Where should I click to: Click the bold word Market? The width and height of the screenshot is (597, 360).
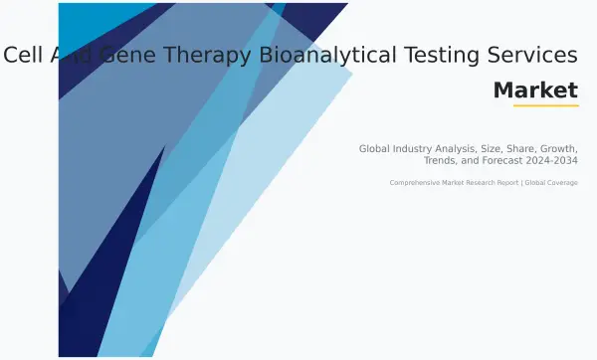535,90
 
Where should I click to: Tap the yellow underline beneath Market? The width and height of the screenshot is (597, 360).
545,105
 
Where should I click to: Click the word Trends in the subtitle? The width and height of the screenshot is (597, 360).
441,160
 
